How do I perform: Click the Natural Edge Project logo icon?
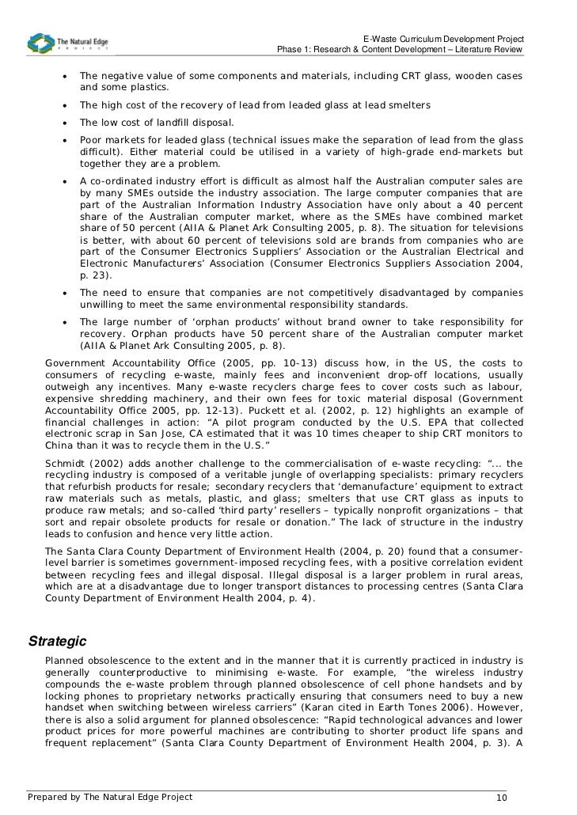(x=40, y=44)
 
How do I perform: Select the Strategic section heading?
(x=57, y=640)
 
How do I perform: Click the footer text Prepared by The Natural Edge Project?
(x=110, y=797)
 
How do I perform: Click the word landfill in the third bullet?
(x=172, y=123)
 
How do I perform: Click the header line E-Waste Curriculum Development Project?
(x=443, y=40)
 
